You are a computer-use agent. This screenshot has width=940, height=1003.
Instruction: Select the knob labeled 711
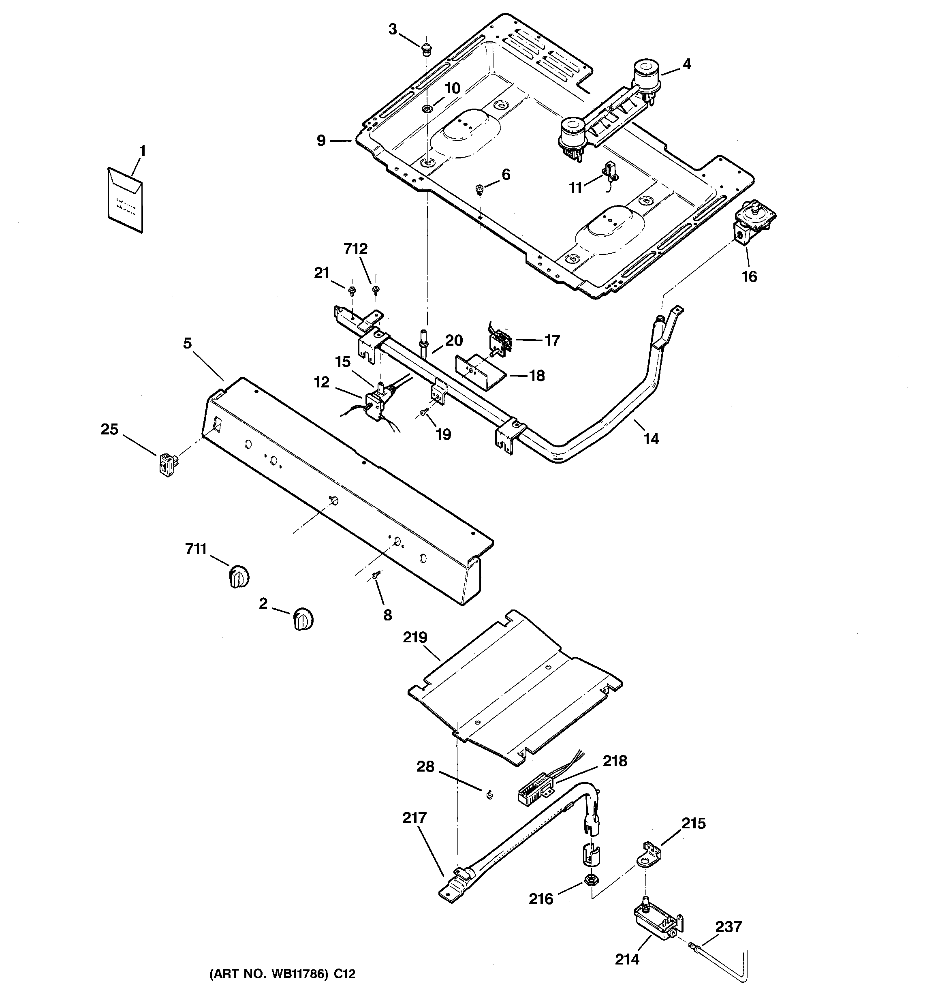(x=239, y=576)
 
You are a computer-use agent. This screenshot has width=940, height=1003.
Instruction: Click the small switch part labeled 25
(x=167, y=463)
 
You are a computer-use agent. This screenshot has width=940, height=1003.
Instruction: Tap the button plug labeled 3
(x=427, y=49)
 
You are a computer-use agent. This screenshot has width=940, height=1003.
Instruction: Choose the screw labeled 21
(x=352, y=290)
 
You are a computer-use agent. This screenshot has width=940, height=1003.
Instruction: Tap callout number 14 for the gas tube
(x=651, y=438)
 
